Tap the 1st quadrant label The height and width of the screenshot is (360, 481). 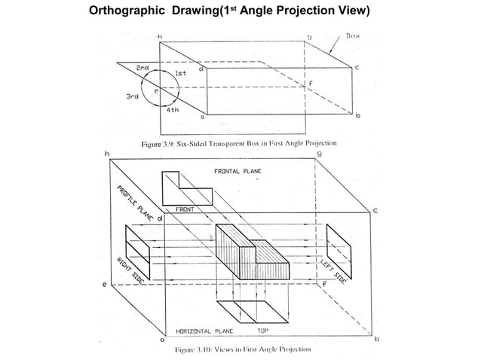point(181,73)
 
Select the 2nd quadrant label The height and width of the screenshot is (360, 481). point(142,68)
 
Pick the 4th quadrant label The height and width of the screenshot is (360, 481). point(173,109)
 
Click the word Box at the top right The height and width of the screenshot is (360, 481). point(354,35)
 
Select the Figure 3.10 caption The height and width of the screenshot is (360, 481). point(239,349)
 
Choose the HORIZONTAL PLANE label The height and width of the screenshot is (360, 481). point(204,330)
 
